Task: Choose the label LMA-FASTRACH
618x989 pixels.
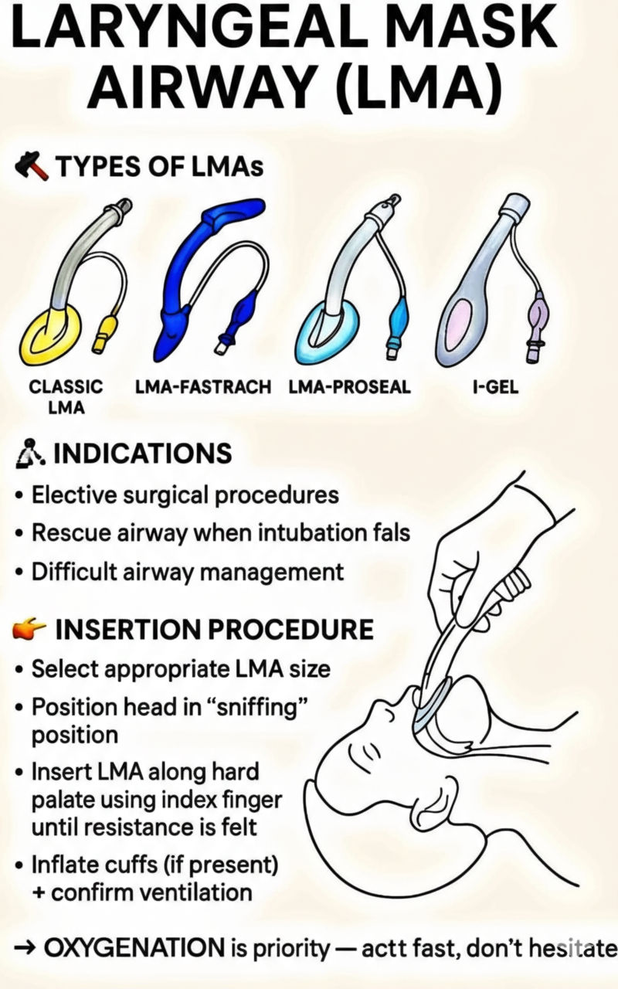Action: coord(203,387)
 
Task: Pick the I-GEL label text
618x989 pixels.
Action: coord(495,387)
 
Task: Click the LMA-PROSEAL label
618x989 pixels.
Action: coord(350,387)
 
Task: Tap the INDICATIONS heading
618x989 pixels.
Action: coord(143,453)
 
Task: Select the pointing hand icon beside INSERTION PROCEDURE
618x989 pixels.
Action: coord(29,628)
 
